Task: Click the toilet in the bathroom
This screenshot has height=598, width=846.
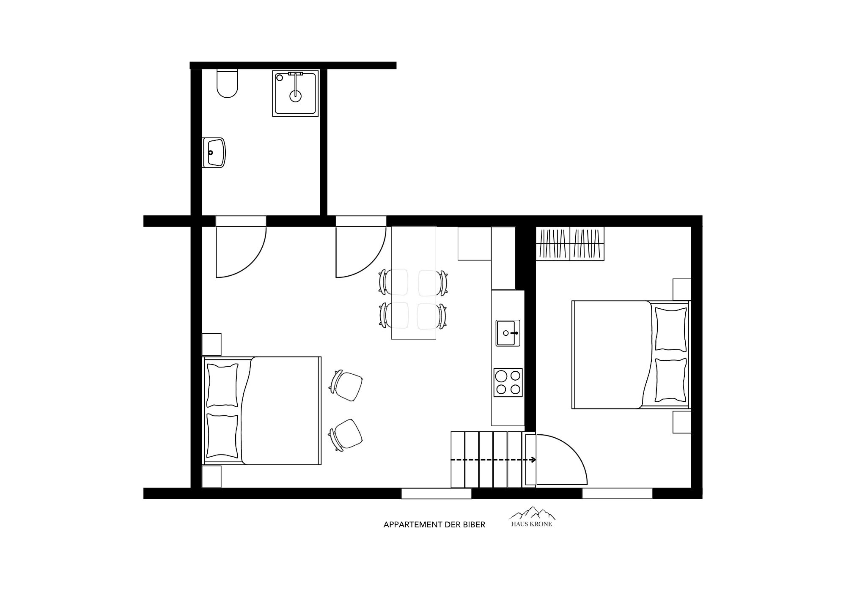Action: [x=227, y=83]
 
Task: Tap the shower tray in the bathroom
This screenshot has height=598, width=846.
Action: [x=295, y=93]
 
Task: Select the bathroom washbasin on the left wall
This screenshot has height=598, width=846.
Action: [x=214, y=152]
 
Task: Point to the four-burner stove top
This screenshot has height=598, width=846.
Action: [x=508, y=382]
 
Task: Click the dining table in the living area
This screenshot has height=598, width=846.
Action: [x=413, y=283]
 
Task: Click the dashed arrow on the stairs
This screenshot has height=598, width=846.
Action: [x=494, y=460]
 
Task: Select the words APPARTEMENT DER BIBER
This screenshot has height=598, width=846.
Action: [x=434, y=525]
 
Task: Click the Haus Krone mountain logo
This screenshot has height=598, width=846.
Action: [x=532, y=517]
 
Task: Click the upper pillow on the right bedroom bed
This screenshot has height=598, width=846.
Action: [x=670, y=329]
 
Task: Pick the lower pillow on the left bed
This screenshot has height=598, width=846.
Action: [x=222, y=436]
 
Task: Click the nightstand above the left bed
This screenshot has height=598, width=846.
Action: [x=211, y=344]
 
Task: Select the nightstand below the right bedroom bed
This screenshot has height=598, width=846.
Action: [x=682, y=422]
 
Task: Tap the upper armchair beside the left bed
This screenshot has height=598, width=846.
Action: [x=347, y=385]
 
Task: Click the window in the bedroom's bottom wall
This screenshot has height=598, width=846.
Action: [x=617, y=493]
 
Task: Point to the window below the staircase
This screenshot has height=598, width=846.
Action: [x=436, y=493]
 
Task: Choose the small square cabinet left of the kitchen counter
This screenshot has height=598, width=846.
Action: [x=475, y=243]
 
